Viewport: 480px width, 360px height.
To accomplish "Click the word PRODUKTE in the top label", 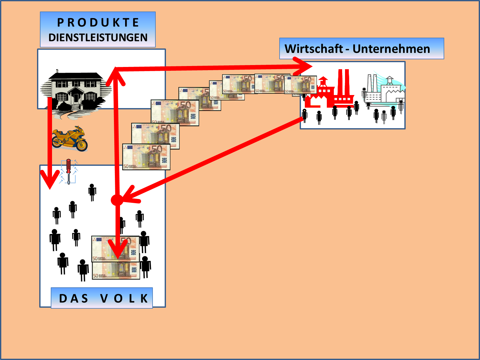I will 98,23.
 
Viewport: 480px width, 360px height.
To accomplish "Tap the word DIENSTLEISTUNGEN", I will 98,38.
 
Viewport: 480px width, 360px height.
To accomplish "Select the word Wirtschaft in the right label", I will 313,49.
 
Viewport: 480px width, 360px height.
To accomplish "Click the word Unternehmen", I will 391,49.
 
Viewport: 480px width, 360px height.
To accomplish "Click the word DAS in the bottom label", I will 74,298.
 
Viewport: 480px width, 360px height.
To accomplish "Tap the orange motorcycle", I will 70,138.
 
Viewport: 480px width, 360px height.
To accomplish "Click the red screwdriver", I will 68,171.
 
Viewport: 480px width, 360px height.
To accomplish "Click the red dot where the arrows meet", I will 117,200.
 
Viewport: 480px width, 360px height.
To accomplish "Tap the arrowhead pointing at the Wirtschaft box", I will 305,66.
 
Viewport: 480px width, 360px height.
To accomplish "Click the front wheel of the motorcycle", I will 82,145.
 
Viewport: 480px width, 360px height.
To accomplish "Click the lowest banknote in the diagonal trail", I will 146,157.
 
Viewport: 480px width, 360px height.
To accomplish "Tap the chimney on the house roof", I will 57,71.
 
